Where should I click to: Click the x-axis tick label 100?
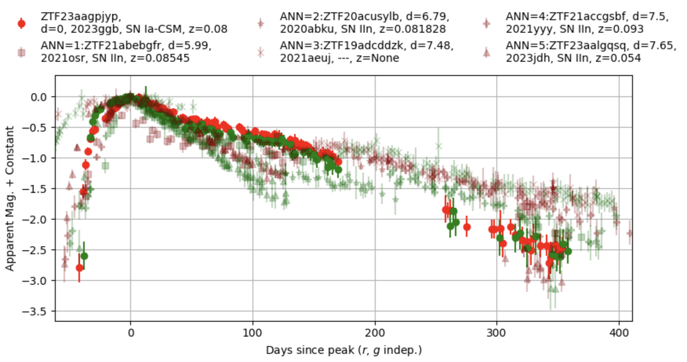pyautogui.click(x=252, y=333)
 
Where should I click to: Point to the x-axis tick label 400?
pyautogui.click(x=619, y=333)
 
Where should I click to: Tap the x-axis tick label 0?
pyautogui.click(x=131, y=333)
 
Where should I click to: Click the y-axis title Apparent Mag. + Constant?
pyautogui.click(x=9, y=198)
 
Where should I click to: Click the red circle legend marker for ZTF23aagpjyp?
pyautogui.click(x=22, y=23)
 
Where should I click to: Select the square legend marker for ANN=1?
pyautogui.click(x=22, y=52)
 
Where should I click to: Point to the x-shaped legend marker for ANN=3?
pyautogui.click(x=260, y=52)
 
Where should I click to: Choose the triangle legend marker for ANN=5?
pyautogui.click(x=486, y=52)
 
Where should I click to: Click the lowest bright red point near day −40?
pyautogui.click(x=80, y=268)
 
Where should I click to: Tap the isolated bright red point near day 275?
pyautogui.click(x=467, y=227)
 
